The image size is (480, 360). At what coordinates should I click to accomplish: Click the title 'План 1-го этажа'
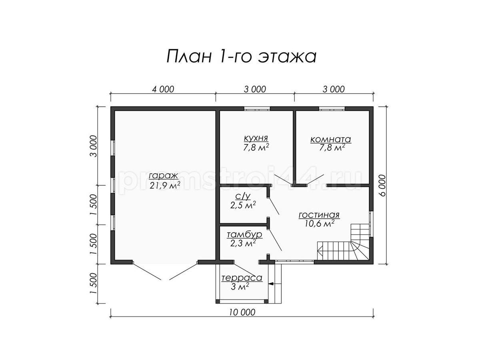click(241, 57)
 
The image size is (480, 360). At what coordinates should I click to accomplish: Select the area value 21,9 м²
click(165, 185)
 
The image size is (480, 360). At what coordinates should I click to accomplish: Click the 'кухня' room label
click(256, 138)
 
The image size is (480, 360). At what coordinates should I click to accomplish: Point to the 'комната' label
click(331, 139)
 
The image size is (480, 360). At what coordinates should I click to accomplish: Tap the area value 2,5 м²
click(243, 205)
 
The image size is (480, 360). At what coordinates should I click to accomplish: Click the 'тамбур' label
click(244, 234)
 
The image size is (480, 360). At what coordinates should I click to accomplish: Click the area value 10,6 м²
click(319, 224)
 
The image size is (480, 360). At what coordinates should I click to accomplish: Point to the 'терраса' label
click(242, 278)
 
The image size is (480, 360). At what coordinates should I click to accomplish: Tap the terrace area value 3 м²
click(240, 286)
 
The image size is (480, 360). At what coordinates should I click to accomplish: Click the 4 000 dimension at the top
click(163, 89)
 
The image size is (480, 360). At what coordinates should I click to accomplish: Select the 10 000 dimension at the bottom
click(242, 312)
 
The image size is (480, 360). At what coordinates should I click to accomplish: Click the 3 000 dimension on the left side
click(93, 146)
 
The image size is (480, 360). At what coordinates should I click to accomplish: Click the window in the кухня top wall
click(257, 108)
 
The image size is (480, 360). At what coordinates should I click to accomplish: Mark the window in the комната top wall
click(332, 108)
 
